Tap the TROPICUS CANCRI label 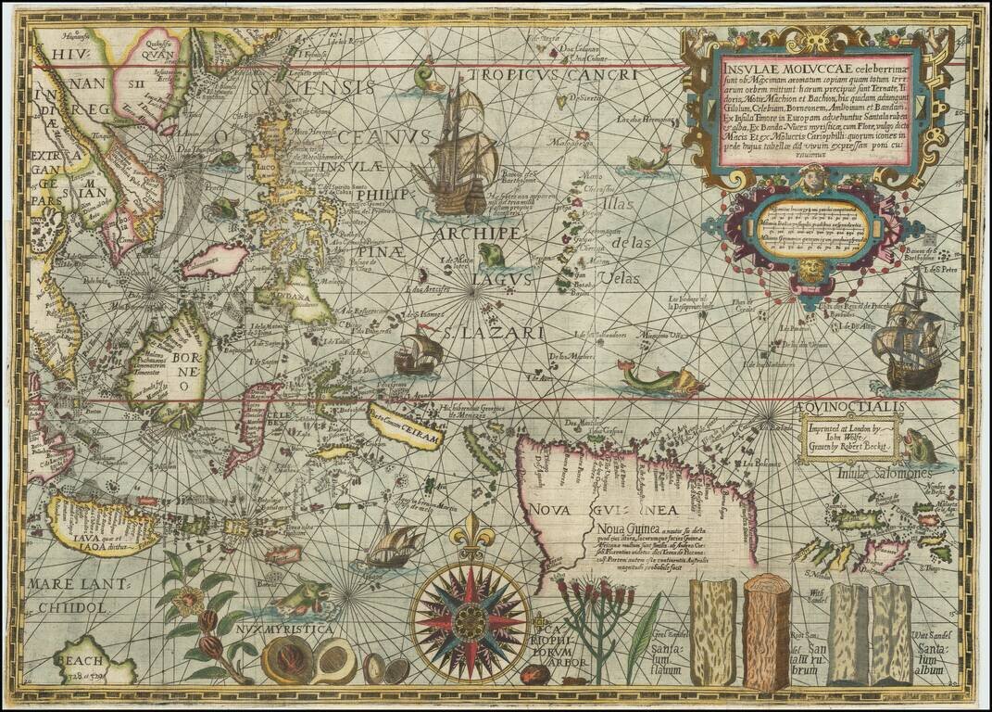coord(552,75)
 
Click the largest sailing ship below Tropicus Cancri coord(458,153)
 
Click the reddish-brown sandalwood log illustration coord(765,630)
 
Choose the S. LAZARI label coord(472,330)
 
